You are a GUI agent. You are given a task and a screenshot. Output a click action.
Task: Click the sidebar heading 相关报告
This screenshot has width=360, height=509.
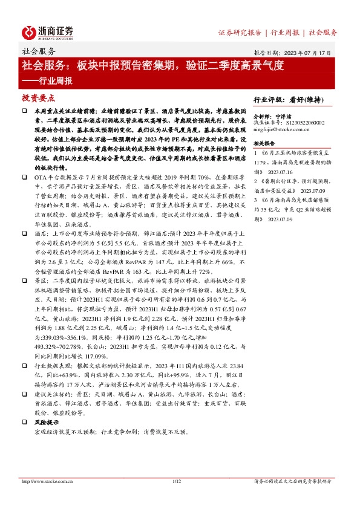tap(266, 143)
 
